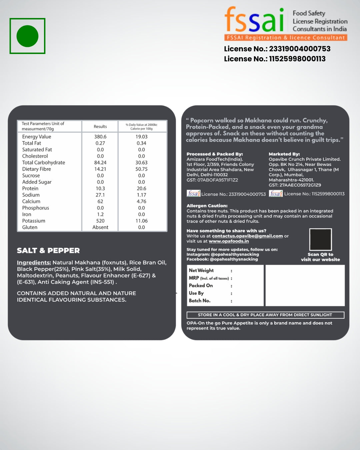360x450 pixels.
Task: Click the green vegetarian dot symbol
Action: click(x=27, y=36)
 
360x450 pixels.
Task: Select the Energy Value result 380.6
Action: click(x=100, y=137)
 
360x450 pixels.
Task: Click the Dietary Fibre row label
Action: click(x=37, y=169)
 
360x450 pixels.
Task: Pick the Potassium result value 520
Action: click(x=100, y=221)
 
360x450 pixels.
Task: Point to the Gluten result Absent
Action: click(x=100, y=227)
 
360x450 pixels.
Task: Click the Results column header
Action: click(x=100, y=127)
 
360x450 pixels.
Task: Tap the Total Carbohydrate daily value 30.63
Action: click(x=141, y=163)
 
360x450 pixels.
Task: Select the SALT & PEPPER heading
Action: click(x=48, y=251)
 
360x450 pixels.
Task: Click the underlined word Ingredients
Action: click(x=34, y=263)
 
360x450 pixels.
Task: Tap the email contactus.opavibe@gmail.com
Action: click(x=247, y=236)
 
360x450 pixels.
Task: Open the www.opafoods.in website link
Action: click(x=229, y=241)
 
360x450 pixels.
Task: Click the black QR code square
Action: click(x=320, y=239)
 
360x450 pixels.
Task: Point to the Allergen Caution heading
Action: click(x=207, y=206)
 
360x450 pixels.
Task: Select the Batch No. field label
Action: click(x=200, y=301)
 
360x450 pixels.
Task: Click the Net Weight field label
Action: click(x=201, y=270)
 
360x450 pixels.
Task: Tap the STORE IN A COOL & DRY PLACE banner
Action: click(x=265, y=315)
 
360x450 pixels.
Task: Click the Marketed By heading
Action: click(x=284, y=154)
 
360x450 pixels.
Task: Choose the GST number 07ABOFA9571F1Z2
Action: click(x=217, y=180)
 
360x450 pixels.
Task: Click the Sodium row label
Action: click(x=31, y=195)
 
